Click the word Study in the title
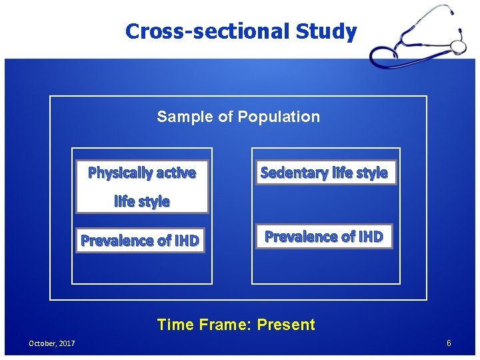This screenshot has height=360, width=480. pos(325,31)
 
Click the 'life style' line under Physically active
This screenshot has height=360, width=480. pos(142,201)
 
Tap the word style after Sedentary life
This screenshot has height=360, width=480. pos(371,173)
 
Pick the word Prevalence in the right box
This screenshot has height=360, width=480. pos(301,237)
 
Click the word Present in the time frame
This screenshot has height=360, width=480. pos(286,325)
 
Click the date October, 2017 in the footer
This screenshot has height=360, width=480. pos(51,343)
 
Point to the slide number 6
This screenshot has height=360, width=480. pos(449,343)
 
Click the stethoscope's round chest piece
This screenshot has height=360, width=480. pos(458,47)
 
